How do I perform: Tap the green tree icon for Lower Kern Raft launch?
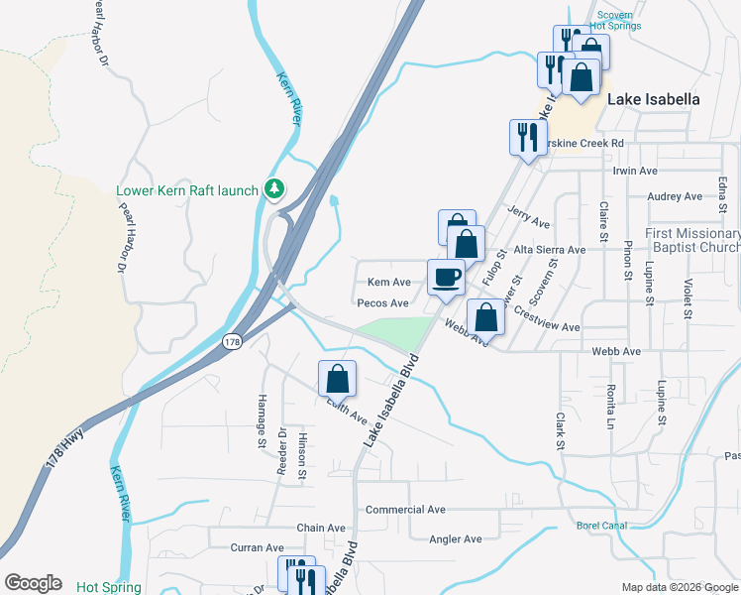[x=274, y=188]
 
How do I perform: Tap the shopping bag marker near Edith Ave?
[x=337, y=378]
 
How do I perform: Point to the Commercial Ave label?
[x=405, y=510]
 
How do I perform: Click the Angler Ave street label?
[x=455, y=538]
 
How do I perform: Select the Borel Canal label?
[x=602, y=526]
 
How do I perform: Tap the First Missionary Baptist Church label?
[x=692, y=240]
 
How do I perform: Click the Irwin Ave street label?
[x=635, y=171]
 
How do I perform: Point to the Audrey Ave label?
[x=674, y=196]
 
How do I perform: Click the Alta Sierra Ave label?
[x=549, y=250]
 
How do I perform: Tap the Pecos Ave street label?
[x=382, y=303]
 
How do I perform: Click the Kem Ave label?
[x=388, y=283]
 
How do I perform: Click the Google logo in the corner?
[x=33, y=583]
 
